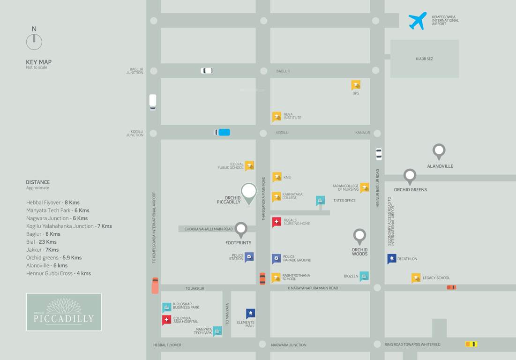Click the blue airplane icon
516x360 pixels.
[x=418, y=21]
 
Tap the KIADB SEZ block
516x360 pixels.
[x=424, y=59]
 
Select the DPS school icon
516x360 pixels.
[x=356, y=85]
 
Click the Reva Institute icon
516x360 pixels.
[x=277, y=117]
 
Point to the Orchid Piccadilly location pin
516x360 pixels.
[x=249, y=192]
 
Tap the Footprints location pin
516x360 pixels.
[x=241, y=229]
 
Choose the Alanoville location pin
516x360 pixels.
[x=439, y=151]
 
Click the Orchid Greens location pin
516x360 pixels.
[x=410, y=176]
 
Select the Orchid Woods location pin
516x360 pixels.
[x=359, y=236]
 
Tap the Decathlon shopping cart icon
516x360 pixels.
[x=391, y=259]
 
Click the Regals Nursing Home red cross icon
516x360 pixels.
[x=277, y=222]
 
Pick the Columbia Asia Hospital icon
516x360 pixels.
[x=166, y=320]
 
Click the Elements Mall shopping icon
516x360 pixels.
[x=251, y=313]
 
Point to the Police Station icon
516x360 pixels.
[x=249, y=257]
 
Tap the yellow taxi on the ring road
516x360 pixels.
[x=471, y=344]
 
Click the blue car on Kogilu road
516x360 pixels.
[x=223, y=132]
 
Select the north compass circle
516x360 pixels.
[x=34, y=42]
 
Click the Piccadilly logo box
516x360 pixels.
[x=64, y=312]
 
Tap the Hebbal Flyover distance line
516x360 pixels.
[x=53, y=202]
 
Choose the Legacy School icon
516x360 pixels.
[x=416, y=278]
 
